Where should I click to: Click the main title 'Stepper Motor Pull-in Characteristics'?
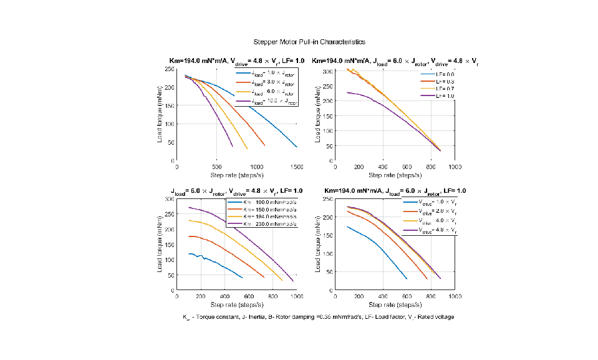point(309,41)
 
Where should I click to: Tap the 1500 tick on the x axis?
point(297,167)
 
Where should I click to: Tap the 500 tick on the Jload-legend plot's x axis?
point(216,167)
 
